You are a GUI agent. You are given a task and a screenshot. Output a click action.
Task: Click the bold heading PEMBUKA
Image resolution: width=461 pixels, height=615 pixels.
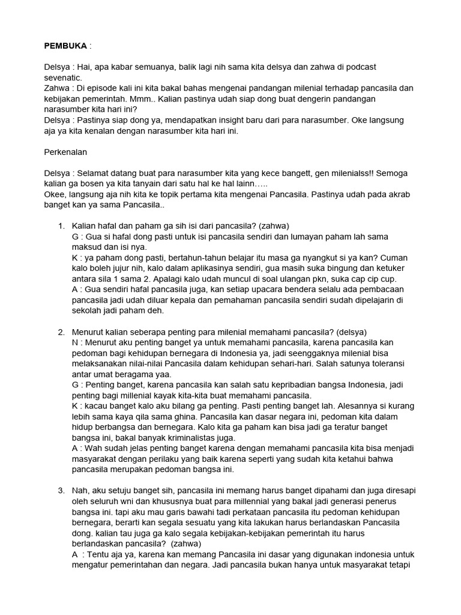(65, 46)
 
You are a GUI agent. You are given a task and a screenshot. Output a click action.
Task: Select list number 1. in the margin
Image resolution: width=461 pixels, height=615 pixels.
(61, 226)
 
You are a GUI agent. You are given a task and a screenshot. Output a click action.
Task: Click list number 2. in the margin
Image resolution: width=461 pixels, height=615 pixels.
(61, 332)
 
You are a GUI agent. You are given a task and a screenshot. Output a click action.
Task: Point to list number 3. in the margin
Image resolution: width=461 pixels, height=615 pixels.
(61, 491)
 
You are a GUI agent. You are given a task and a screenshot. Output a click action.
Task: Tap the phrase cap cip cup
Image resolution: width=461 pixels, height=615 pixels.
(369, 279)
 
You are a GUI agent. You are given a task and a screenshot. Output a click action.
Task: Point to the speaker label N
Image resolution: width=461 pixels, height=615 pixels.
(75, 342)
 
